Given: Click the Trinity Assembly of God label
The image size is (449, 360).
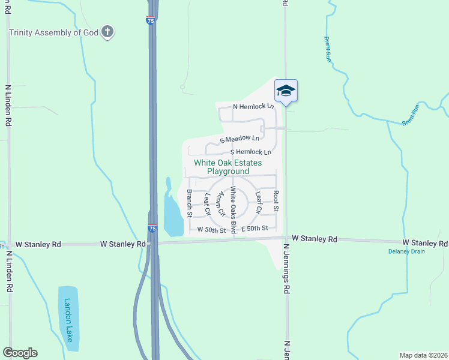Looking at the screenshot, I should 53,32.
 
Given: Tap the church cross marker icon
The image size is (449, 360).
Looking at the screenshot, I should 107,32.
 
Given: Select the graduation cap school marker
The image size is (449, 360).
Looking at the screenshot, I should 286,91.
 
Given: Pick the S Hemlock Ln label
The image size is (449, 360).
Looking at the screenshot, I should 250,152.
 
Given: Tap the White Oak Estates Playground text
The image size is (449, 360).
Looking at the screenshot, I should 228,167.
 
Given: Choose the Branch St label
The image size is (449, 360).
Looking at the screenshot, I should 189,203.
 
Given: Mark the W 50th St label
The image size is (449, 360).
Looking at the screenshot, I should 207,230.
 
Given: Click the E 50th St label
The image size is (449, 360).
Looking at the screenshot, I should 258,229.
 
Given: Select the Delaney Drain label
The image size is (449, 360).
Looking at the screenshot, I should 406,251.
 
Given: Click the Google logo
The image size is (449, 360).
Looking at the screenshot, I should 20,353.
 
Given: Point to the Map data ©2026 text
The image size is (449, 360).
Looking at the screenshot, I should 423,355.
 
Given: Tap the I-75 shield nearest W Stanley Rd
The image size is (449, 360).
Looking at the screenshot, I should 153,229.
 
